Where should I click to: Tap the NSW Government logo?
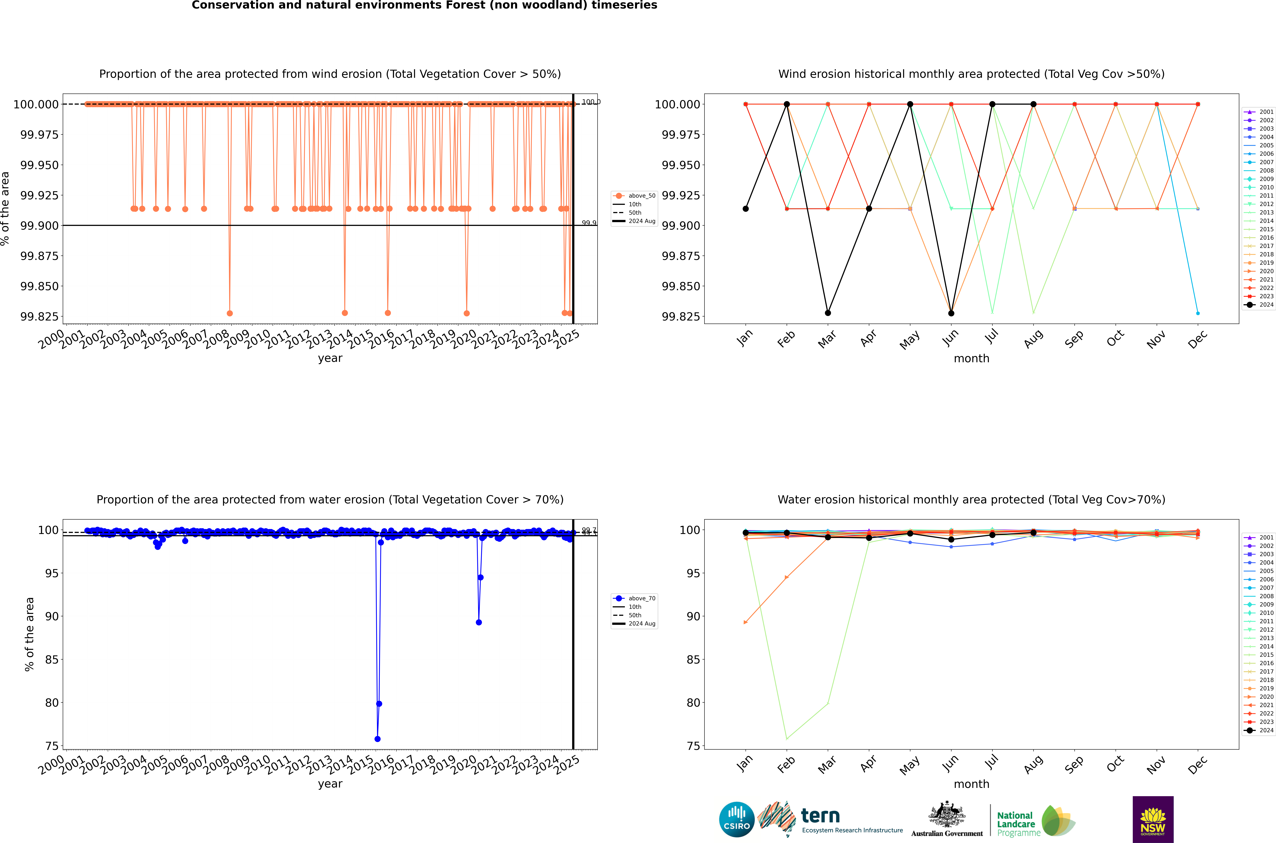tap(1153, 819)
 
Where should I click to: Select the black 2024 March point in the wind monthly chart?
tap(827, 313)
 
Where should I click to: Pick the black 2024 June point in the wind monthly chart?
tap(951, 313)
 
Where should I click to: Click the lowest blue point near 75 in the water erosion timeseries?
tap(378, 739)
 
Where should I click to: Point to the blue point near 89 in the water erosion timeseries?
tap(479, 622)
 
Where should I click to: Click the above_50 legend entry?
tap(634, 196)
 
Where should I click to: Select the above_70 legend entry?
tap(634, 598)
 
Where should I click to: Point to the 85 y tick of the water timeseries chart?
tap(52, 660)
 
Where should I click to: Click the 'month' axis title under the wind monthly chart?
tap(971, 359)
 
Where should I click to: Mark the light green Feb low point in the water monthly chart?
tap(787, 739)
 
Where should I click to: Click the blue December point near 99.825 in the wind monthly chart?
tap(1198, 313)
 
